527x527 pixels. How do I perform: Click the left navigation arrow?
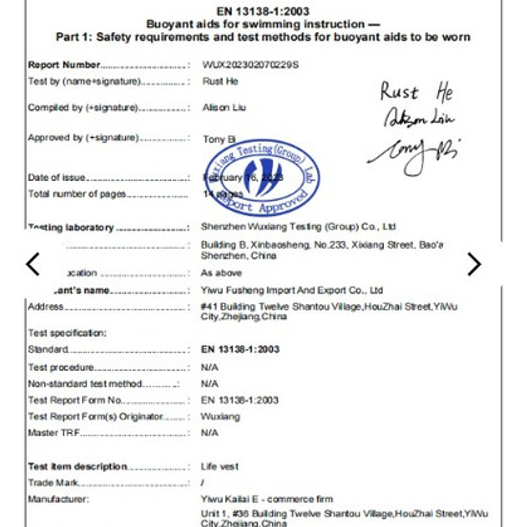[33, 264]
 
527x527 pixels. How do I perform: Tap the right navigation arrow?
[474, 264]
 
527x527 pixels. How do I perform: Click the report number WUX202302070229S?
[250, 65]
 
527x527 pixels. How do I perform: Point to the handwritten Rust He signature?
[417, 92]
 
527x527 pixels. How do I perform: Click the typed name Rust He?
[220, 81]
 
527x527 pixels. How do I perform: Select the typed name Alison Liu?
[224, 108]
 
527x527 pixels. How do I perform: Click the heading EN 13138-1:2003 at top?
[263, 12]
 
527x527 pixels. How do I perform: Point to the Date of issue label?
[56, 178]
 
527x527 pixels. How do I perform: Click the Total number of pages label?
[77, 194]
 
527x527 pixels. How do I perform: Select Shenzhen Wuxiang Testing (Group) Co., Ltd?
[298, 227]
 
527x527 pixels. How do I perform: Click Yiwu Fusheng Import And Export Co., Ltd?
[292, 290]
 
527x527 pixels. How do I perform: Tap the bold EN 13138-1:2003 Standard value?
[240, 349]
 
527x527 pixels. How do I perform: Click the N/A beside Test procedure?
[209, 368]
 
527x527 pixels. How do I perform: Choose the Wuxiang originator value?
[220, 417]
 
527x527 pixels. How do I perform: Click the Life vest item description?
[220, 466]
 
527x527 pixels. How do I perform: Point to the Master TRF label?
[54, 433]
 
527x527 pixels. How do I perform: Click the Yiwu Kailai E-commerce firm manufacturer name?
[267, 499]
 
